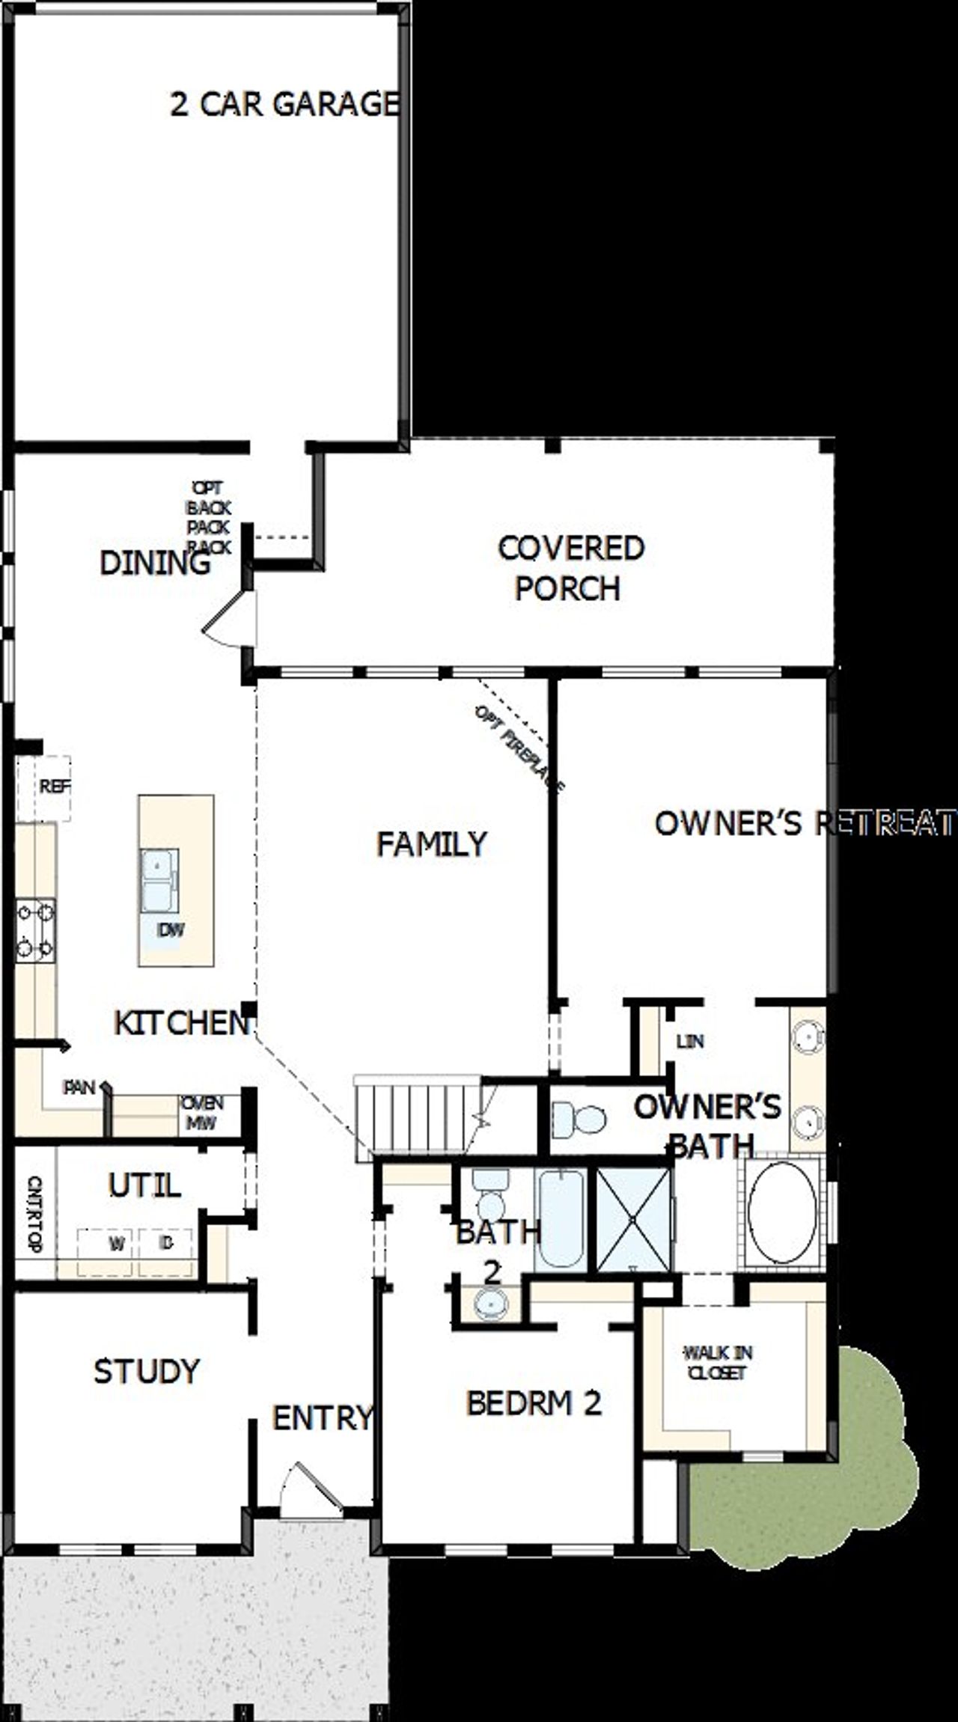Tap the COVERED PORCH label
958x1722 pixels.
pos(570,568)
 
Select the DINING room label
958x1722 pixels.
pos(155,563)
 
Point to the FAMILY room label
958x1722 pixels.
pos(432,844)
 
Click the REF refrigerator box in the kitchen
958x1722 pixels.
pos(54,787)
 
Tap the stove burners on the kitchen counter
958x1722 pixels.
pos(35,930)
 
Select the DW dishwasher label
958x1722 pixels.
pos(171,930)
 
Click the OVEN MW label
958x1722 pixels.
pos(203,1113)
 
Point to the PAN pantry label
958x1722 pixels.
pos(79,1087)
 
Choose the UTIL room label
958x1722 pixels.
pos(144,1185)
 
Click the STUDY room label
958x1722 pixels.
pos(147,1371)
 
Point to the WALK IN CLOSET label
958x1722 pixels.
pos(718,1363)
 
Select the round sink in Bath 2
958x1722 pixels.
pos(491,1304)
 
